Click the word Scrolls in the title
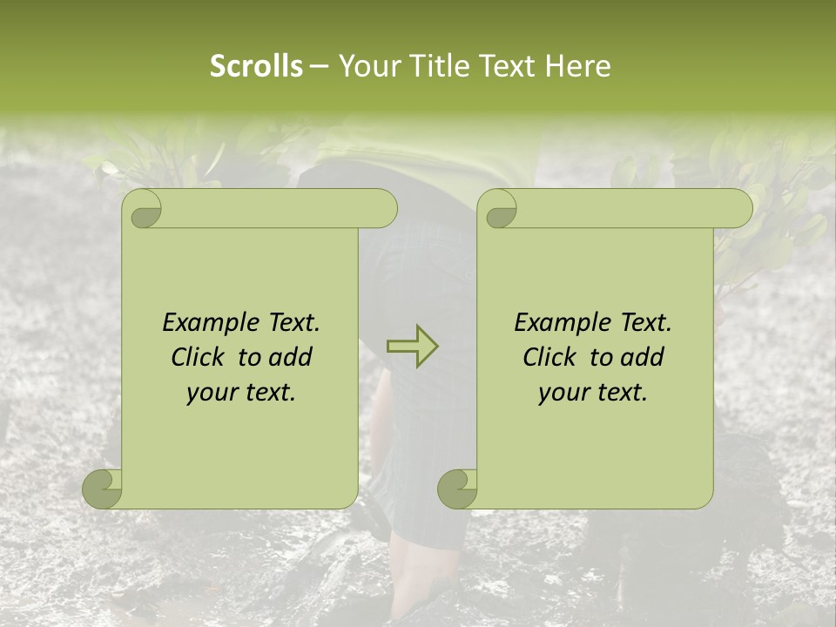coord(256,65)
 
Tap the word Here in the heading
coord(577,65)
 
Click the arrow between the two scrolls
coord(413,347)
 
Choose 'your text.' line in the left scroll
coord(241,392)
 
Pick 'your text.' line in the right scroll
coord(593,392)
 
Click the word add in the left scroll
coord(291,357)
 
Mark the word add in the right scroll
coord(643,357)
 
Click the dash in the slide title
coord(319,65)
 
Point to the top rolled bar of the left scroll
coord(279,209)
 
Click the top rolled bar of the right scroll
coord(634,209)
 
